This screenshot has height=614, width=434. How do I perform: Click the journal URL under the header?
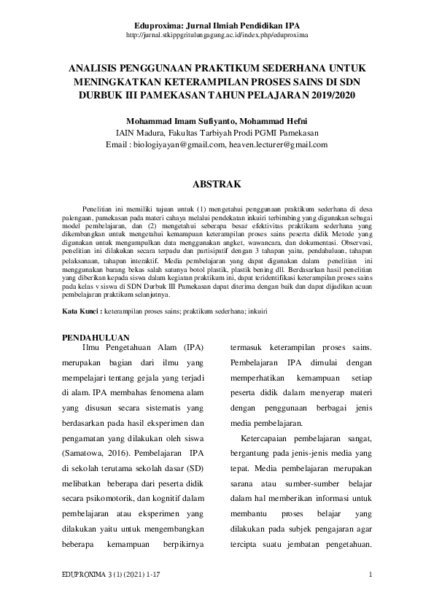217,34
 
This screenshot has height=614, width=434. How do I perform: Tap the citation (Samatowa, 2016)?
93,454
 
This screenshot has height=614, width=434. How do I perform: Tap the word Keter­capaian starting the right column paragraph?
271,438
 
